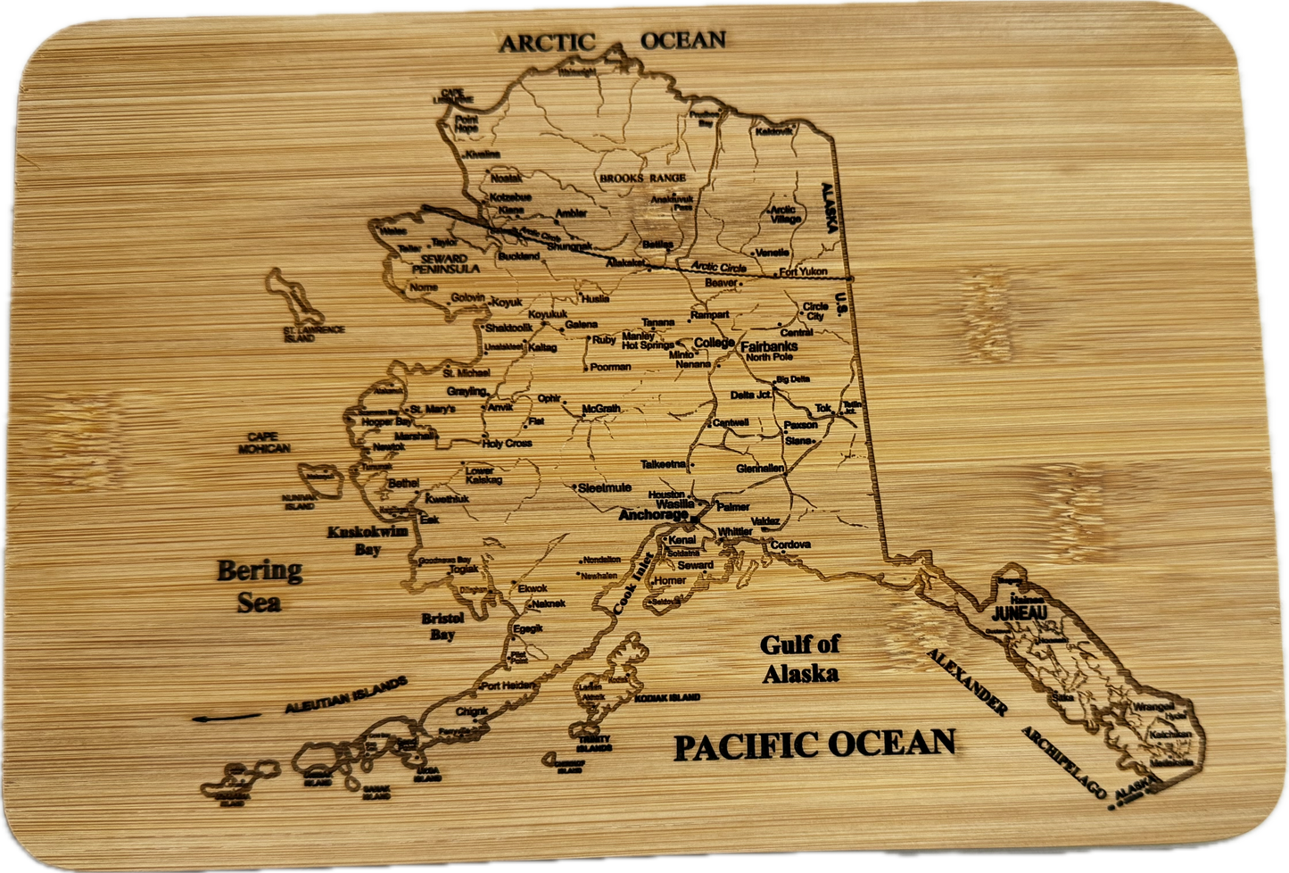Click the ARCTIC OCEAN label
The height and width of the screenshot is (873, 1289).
[x=612, y=41]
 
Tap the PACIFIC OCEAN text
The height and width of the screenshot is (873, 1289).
[x=814, y=745]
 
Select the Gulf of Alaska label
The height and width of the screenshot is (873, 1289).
[x=800, y=659]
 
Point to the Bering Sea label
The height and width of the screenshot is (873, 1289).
[x=260, y=585]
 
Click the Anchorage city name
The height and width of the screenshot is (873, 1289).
[x=654, y=515]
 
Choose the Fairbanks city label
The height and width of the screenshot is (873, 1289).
[x=768, y=345]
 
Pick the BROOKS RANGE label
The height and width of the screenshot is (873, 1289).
[x=642, y=178]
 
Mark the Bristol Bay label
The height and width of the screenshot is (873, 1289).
[x=442, y=626]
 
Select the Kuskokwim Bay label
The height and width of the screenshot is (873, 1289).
[x=368, y=540]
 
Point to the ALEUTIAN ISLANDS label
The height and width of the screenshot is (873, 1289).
[x=346, y=695]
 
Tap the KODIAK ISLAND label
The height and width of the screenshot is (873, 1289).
[x=666, y=697]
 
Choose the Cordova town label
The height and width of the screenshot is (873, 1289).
[x=790, y=545]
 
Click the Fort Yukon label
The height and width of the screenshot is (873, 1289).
[x=803, y=271]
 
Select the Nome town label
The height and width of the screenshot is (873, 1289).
[x=424, y=287]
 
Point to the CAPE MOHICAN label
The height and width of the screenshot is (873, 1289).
[x=263, y=442]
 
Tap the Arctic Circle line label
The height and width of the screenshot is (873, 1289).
[x=718, y=267]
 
